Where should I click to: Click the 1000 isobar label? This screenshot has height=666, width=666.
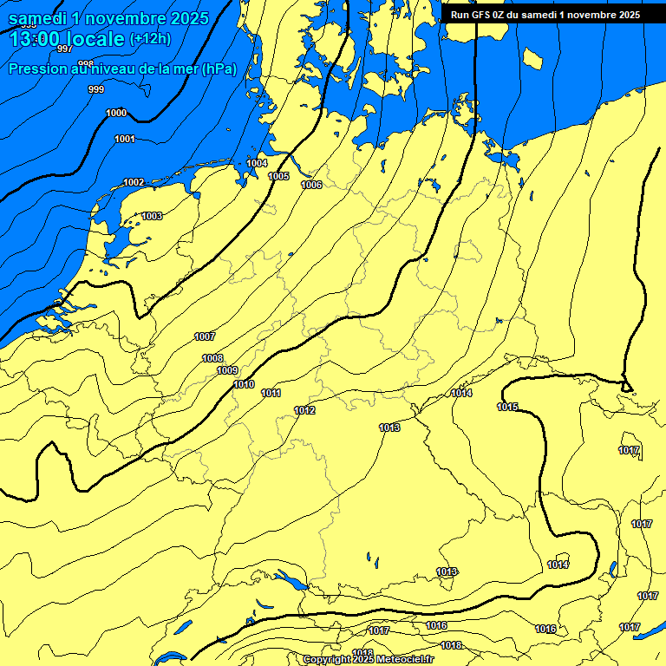tap(115, 114)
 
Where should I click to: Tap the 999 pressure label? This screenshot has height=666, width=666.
tap(96, 90)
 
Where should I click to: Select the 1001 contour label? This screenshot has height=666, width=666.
tap(125, 140)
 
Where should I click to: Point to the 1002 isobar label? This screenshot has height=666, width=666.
tap(134, 183)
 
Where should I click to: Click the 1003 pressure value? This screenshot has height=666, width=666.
tap(152, 217)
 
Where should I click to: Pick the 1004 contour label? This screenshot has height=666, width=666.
tap(257, 164)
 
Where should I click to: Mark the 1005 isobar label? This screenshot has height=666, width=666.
tap(278, 177)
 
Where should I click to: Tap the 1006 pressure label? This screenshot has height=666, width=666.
tap(311, 186)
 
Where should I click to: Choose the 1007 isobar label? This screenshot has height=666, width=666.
tap(205, 337)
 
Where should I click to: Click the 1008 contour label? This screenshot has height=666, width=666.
tap(212, 359)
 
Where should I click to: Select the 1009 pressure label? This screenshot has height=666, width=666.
tap(227, 371)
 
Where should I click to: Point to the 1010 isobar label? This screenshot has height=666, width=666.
tap(244, 385)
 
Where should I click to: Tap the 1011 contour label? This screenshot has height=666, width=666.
tap(271, 394)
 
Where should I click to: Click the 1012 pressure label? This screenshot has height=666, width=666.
tap(304, 411)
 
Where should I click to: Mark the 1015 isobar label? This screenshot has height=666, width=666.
tap(507, 408)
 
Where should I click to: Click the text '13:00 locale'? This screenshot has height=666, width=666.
tap(68, 39)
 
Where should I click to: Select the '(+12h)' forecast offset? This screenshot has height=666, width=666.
tap(150, 39)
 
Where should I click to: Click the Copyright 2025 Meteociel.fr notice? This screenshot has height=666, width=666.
tap(368, 660)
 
